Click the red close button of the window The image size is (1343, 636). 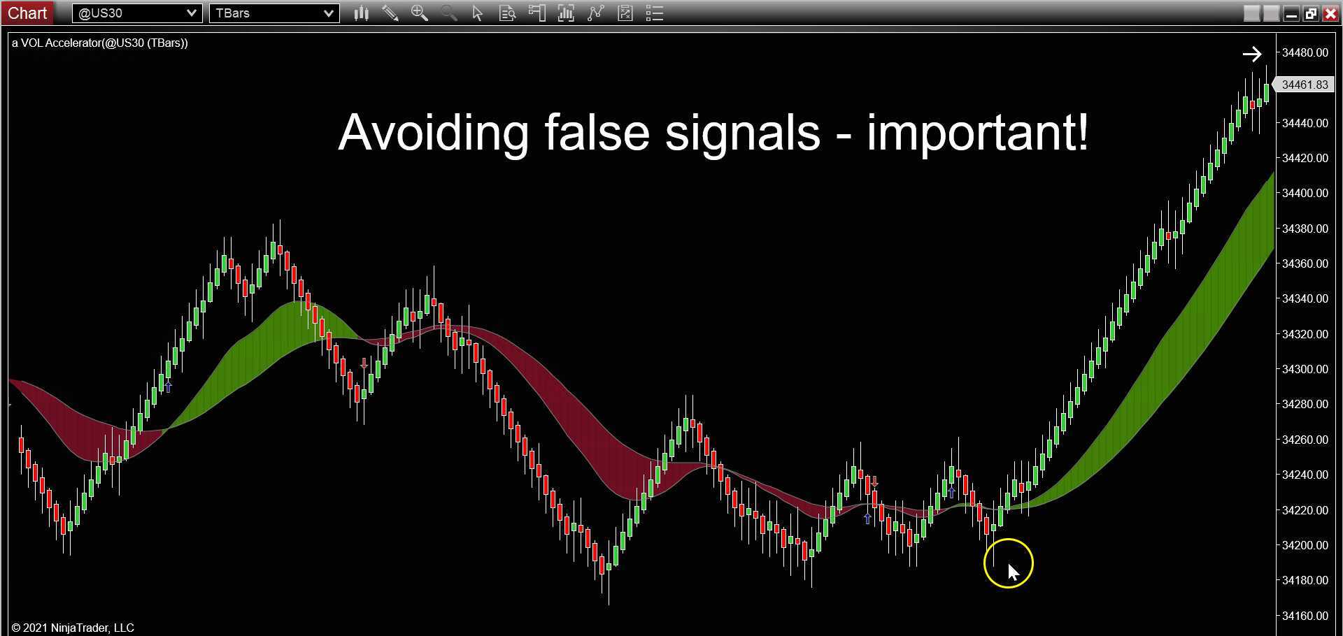coord(1330,13)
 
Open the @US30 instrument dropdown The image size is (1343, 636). coord(137,13)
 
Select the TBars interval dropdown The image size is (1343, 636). coord(274,13)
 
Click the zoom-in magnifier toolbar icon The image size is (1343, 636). coord(419,13)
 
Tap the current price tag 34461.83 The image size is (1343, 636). coord(1304,85)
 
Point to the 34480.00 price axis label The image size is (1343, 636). coord(1305,52)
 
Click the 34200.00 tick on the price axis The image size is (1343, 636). coord(1305,545)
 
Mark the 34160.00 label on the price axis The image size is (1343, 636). coord(1305,616)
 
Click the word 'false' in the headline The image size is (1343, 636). coord(597,132)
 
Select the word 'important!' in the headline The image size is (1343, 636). coord(977,132)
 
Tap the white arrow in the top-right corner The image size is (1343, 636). coord(1251,54)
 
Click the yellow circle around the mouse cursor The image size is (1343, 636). coord(1008,563)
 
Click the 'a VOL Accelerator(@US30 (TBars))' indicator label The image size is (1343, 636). coord(100,43)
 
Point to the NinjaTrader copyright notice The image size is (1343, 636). coord(73,628)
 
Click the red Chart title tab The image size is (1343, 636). coord(27,13)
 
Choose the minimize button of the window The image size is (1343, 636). coord(1291,13)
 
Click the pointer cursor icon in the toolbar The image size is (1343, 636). coord(478,13)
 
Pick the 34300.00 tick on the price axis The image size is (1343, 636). coord(1305,369)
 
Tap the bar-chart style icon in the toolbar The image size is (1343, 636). coord(361,13)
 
